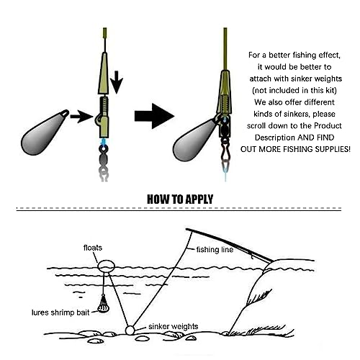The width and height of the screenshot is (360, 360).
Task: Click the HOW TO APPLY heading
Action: [x=180, y=199]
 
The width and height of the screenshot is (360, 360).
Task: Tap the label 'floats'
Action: [x=93, y=248]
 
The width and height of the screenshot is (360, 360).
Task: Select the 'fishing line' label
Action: [x=215, y=250]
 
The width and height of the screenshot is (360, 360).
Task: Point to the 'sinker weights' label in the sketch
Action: [x=174, y=326]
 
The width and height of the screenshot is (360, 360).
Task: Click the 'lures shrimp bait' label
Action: [x=60, y=312]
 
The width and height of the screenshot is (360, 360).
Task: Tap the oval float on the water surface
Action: [x=107, y=266]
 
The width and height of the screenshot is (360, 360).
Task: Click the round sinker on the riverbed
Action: [x=130, y=330]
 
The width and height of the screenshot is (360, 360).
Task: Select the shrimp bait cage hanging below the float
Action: [x=104, y=304]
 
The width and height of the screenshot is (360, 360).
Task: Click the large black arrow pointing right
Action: [x=154, y=116]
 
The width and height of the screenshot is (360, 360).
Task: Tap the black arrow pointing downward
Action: [x=117, y=82]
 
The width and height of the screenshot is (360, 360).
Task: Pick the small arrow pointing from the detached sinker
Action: [x=81, y=117]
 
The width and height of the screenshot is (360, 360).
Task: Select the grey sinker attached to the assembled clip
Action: [x=194, y=140]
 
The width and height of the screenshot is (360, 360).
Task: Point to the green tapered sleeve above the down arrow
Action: [x=103, y=73]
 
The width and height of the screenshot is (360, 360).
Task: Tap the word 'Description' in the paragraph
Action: [x=275, y=138]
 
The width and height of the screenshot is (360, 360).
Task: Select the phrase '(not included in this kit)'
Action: [x=294, y=90]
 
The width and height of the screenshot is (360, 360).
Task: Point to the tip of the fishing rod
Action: [x=186, y=229]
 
